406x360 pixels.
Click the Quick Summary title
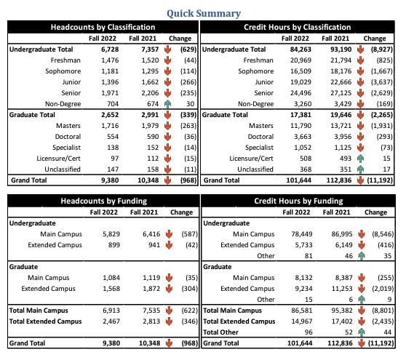(203, 13)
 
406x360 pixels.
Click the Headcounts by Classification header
(102, 27)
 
